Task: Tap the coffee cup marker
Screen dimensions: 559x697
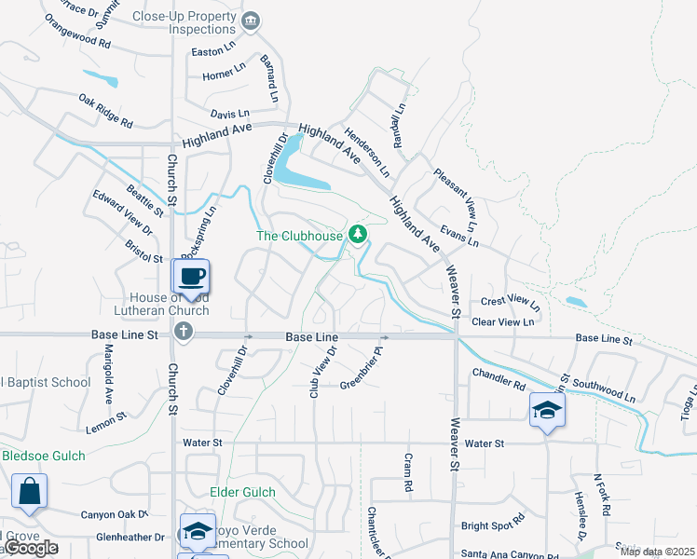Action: coord(191,277)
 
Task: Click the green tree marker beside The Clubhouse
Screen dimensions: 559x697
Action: coord(356,233)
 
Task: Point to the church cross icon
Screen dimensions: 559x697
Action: coord(184,331)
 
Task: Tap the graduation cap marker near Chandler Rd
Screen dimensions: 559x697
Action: coord(547,409)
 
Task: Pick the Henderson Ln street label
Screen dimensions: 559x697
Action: coord(365,153)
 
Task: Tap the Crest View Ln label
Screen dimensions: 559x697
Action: coord(510,302)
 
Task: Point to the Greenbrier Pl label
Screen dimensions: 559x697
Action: coord(362,369)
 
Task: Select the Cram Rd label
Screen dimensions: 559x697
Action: coord(407,472)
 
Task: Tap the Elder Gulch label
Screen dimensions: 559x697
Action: coord(242,492)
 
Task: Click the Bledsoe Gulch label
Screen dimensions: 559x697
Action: coord(43,456)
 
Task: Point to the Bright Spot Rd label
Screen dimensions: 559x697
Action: coord(493,525)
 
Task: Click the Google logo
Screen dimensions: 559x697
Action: coord(30,549)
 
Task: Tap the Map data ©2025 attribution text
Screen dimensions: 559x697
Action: coord(656,552)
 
